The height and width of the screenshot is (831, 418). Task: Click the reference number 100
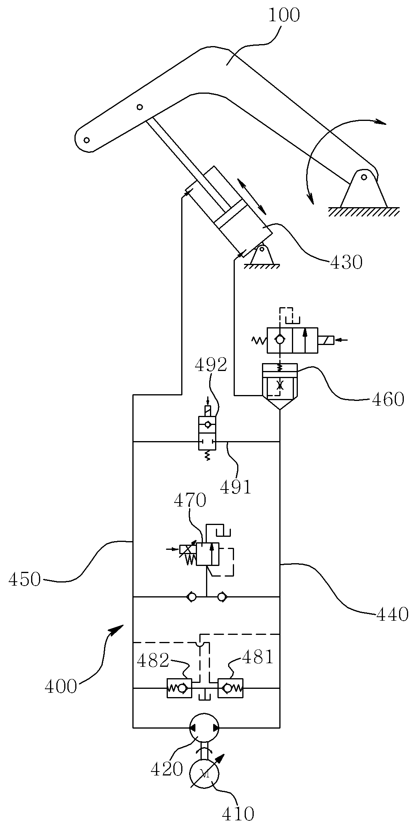point(284,15)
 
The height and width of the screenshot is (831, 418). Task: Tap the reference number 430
point(346,262)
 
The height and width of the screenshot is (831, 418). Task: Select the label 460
point(388,400)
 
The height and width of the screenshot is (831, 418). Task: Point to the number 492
point(211,365)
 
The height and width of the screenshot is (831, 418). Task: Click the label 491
point(236,488)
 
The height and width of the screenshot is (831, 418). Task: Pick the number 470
point(190,501)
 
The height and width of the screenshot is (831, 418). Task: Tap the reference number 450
point(25,580)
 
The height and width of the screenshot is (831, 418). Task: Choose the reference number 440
point(392,614)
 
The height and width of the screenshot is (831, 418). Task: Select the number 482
point(153,660)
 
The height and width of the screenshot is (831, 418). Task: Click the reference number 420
point(167,769)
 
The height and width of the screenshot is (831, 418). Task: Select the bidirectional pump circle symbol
point(204,727)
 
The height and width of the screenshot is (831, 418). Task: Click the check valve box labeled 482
point(179,688)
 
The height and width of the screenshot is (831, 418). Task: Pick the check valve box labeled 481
point(231,688)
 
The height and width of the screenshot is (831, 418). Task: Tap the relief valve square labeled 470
point(207,554)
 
